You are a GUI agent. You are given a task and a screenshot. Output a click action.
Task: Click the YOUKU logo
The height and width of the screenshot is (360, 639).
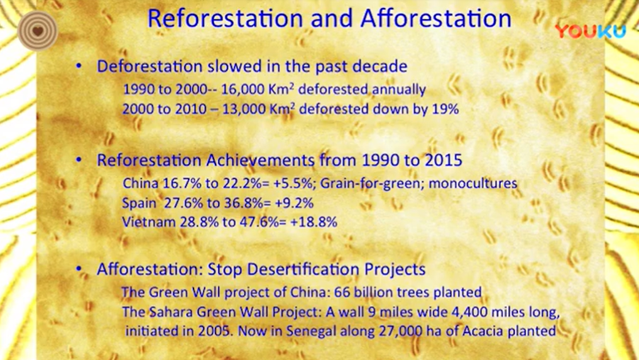point(590,31)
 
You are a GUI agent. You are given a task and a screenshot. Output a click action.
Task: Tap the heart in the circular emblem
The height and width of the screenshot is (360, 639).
point(38,31)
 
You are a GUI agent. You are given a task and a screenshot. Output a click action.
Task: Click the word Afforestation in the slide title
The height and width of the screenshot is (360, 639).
point(435,18)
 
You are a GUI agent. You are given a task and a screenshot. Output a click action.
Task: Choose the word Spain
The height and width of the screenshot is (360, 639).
point(139,203)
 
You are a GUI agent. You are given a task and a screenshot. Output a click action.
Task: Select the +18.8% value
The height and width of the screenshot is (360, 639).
point(314,222)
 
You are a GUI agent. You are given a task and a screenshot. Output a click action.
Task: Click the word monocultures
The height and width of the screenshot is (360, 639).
point(472,183)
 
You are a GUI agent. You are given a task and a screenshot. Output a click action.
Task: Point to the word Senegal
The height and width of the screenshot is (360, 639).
point(311,330)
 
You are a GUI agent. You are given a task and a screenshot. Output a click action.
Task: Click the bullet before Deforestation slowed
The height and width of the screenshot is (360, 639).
point(79,67)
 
